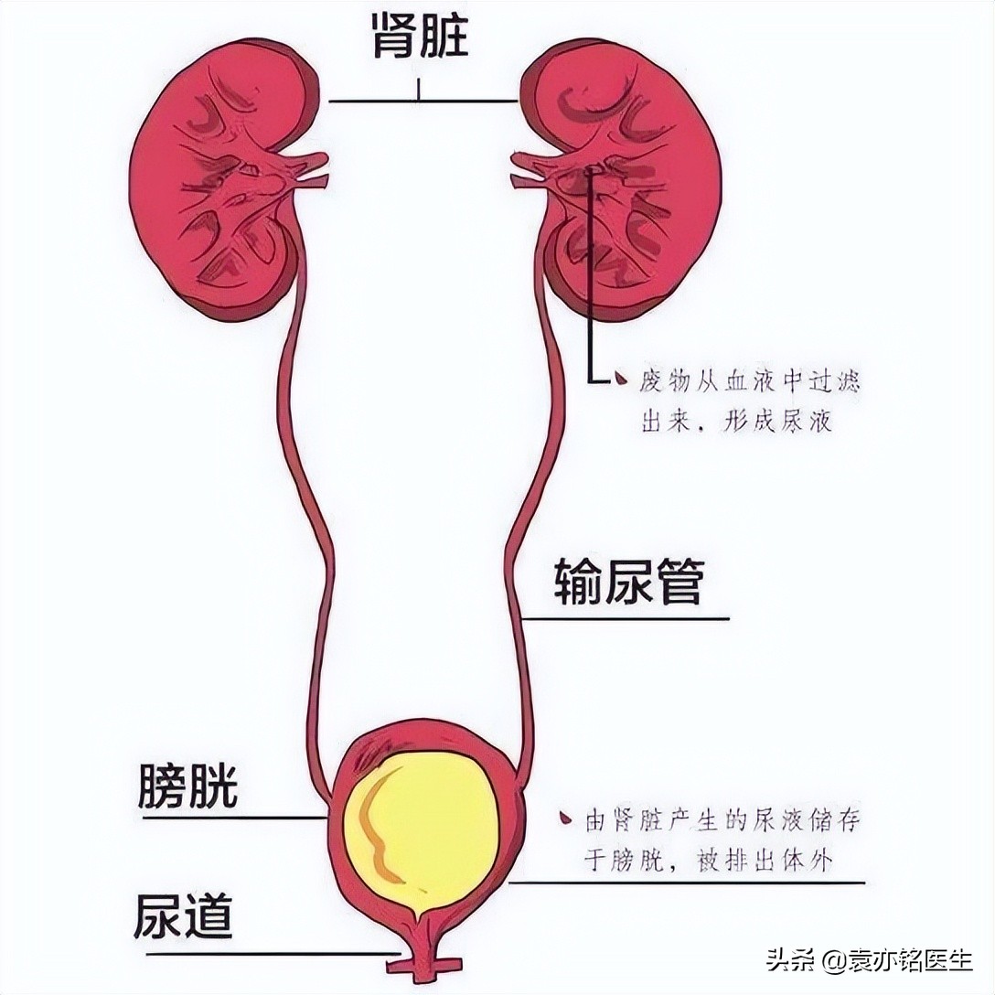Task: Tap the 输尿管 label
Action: tap(627, 583)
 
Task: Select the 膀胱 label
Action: tap(188, 786)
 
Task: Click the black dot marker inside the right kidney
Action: tap(595, 166)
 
